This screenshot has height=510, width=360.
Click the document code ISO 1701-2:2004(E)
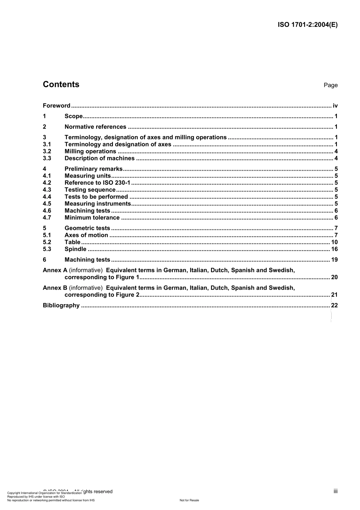tap(307, 25)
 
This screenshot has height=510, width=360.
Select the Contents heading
tap(61, 85)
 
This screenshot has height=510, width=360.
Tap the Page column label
tap(330, 85)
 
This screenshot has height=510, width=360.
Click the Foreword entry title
tap(56, 106)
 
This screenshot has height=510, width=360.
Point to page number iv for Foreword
tap(335, 106)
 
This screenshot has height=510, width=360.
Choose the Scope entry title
tap(74, 116)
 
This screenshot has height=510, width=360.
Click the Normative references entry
tap(95, 127)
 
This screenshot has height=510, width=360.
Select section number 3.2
tap(47, 151)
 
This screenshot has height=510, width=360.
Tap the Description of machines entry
tap(99, 158)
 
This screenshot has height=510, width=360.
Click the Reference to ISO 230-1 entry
tap(97, 183)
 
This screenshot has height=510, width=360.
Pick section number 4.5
tap(47, 204)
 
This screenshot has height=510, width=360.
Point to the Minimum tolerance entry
tap(92, 218)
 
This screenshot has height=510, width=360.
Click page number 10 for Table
tap(334, 242)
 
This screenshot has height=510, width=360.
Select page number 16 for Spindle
tap(334, 249)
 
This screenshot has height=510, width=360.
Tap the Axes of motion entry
tap(86, 235)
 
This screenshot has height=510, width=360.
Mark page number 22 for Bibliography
tap(334, 306)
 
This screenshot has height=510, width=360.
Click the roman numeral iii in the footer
tap(335, 491)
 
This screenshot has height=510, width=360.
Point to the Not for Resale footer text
tap(189, 500)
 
